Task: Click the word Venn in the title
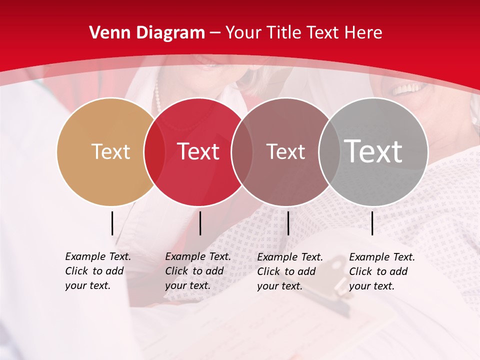106,33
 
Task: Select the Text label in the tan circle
110,151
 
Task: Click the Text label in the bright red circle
198,151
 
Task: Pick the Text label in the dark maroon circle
285,151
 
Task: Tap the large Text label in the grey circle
373,151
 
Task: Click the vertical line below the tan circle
112,223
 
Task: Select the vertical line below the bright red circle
200,223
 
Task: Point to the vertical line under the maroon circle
288,223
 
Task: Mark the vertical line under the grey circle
372,223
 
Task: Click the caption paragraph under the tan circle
97,271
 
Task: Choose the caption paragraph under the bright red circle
197,271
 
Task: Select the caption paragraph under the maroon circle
289,271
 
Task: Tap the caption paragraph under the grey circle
381,271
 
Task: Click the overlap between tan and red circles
154,151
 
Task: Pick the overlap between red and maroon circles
241,151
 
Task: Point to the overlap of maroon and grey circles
328,151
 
